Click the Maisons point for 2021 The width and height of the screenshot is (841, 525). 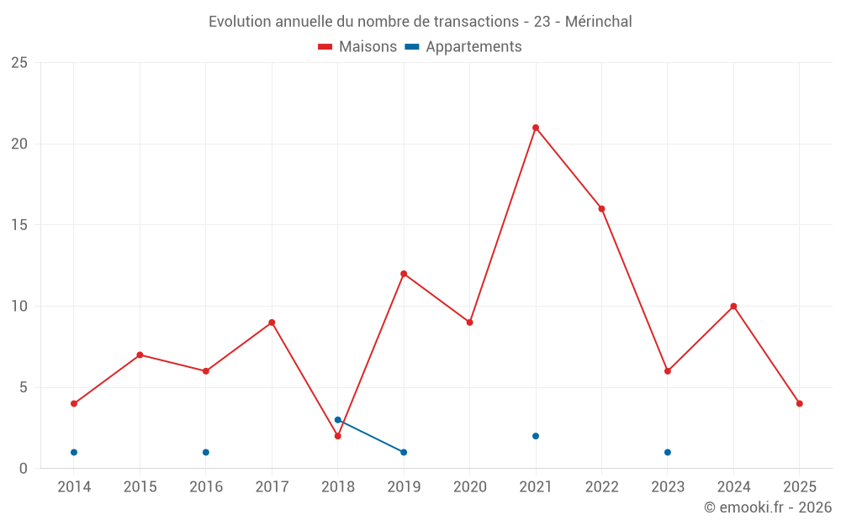[x=536, y=128]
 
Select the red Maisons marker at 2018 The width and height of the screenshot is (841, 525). [x=337, y=436]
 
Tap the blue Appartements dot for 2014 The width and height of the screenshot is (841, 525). [x=74, y=452]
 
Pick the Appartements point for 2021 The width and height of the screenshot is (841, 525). [x=536, y=436]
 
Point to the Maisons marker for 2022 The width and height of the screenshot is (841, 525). [x=601, y=208]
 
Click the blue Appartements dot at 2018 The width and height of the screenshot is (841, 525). [x=337, y=419]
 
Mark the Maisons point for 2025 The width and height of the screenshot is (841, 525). [x=800, y=403]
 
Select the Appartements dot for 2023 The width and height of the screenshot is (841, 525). [x=668, y=452]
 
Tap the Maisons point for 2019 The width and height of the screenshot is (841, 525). [x=404, y=274]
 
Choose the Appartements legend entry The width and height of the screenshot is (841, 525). [x=473, y=47]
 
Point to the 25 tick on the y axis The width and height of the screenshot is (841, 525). [x=19, y=63]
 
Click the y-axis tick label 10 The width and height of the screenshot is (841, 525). [x=19, y=306]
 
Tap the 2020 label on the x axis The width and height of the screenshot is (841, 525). [x=469, y=487]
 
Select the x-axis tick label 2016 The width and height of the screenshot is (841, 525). [x=206, y=487]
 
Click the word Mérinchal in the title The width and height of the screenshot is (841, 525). [x=598, y=22]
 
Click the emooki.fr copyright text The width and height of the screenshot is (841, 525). [x=767, y=507]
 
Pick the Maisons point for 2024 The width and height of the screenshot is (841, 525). [x=733, y=306]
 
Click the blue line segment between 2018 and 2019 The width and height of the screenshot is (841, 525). [x=371, y=436]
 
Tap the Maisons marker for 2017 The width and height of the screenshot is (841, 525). [x=272, y=323]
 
